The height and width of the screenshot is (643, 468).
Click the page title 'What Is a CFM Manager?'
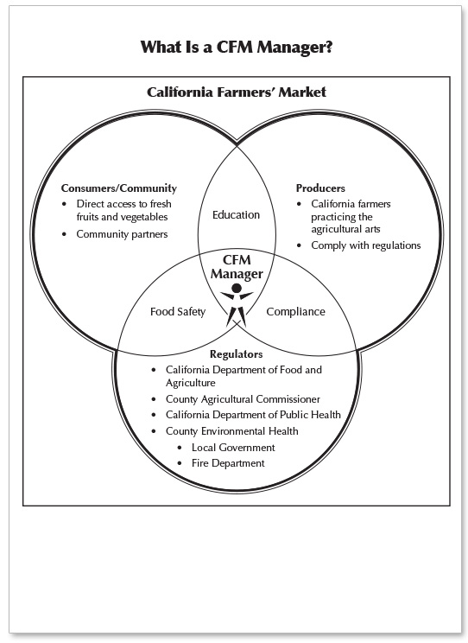(237, 48)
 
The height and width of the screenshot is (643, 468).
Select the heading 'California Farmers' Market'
(237, 92)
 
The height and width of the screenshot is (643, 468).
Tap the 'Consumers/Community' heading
(119, 188)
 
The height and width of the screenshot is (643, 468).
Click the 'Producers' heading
(320, 188)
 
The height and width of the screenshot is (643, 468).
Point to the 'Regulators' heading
(236, 354)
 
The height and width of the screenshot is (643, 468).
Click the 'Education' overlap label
(236, 215)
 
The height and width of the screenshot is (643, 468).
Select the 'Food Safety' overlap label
(178, 312)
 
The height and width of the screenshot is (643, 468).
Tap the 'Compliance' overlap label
(295, 312)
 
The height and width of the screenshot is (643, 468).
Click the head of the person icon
(237, 289)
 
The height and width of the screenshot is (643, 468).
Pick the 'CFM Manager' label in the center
(237, 267)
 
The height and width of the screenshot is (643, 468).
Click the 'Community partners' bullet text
(122, 234)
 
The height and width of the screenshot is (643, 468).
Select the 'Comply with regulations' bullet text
(366, 245)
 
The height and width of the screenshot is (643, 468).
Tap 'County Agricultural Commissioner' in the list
(243, 399)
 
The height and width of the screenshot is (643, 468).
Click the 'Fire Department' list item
(228, 463)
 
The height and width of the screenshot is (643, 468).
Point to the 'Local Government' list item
(233, 448)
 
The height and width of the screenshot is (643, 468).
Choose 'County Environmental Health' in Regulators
(232, 431)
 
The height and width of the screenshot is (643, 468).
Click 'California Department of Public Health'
(253, 415)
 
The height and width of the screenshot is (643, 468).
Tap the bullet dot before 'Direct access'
(64, 204)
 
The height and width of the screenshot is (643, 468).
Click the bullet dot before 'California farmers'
(299, 204)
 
